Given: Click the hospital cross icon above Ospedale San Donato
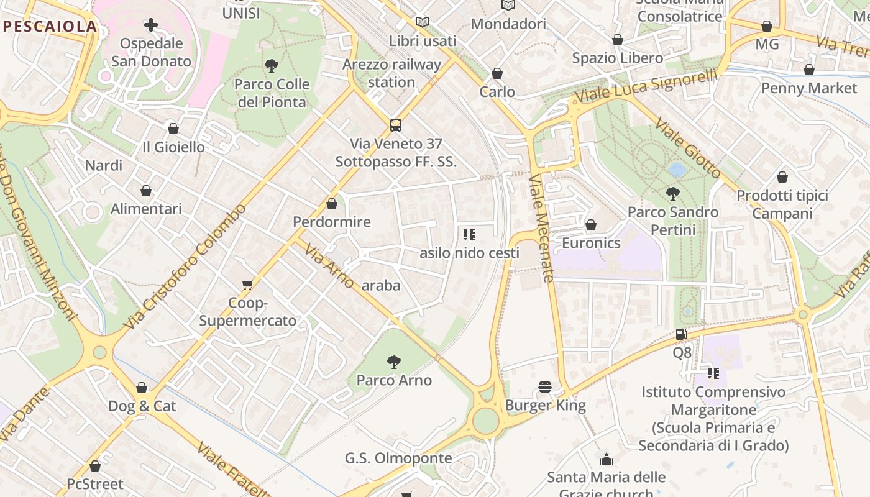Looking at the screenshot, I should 151,25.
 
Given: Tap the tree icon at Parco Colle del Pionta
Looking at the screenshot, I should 272,65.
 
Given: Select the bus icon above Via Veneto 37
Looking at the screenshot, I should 396,125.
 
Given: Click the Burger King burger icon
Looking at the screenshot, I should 546,387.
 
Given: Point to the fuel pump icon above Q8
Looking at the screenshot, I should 682,334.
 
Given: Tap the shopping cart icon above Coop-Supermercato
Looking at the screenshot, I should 247,285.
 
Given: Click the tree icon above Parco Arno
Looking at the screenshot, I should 393,362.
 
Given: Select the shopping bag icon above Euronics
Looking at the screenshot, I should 591,224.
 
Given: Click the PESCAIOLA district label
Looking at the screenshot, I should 50,27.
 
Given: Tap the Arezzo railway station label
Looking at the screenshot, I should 391,73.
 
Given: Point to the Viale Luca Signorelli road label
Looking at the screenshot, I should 646,87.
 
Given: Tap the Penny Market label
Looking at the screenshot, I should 809,88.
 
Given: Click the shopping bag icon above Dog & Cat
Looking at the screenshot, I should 142,388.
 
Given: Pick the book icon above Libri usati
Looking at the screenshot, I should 423,22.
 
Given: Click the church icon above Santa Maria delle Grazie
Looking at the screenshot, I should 606,459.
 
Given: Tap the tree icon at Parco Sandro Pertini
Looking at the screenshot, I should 672,193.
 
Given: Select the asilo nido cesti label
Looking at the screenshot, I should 469,253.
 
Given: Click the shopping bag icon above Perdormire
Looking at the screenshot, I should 332,203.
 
